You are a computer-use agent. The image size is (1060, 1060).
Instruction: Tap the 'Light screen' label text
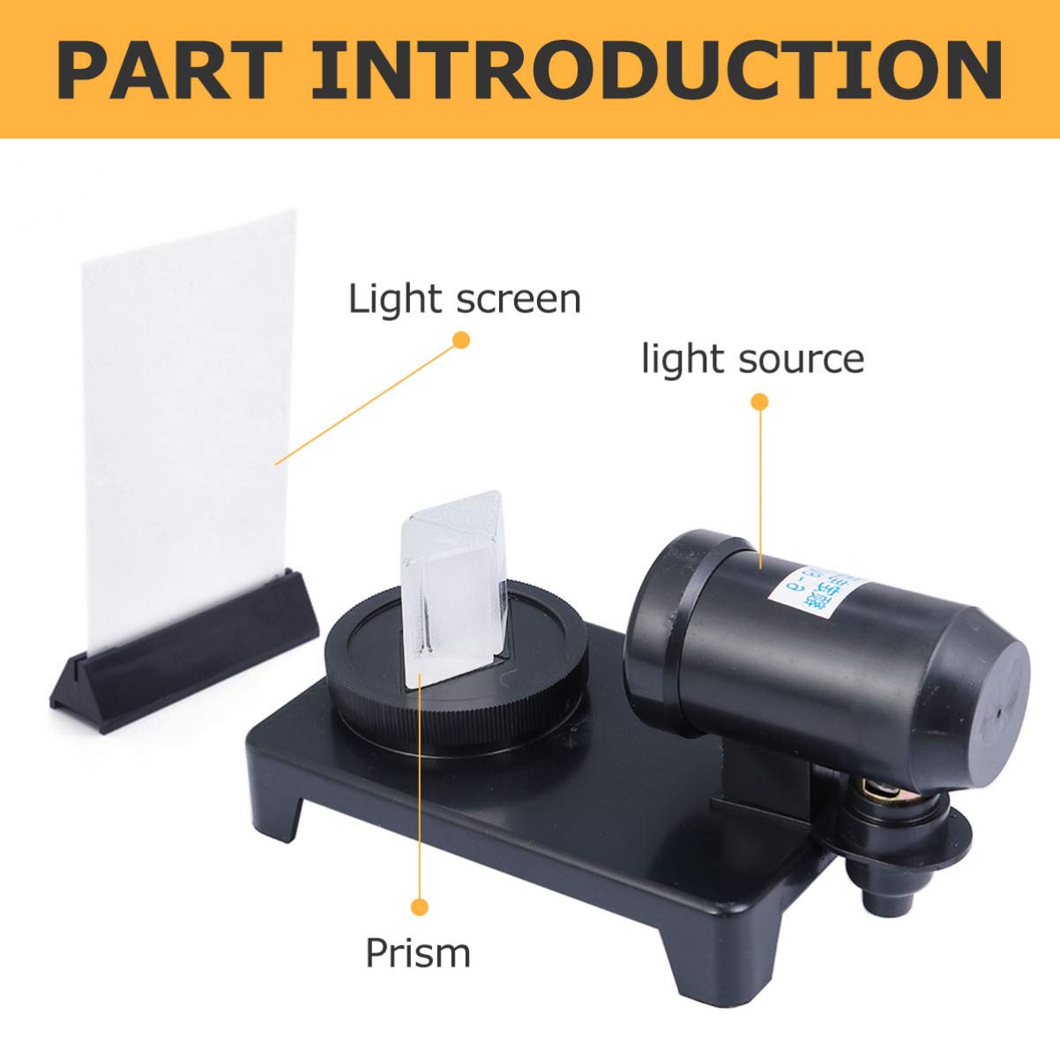(465, 299)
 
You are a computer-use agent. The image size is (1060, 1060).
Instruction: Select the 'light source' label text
(752, 359)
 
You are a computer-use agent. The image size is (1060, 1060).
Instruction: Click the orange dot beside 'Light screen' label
(459, 340)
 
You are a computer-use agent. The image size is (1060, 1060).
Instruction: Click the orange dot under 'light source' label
(759, 402)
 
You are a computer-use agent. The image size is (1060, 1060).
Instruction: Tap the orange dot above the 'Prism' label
(420, 906)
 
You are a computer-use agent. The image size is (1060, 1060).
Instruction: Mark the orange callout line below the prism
(420, 794)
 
